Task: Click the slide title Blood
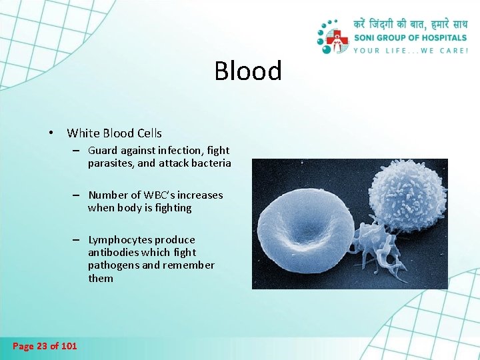(x=248, y=71)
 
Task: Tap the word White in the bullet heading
(x=82, y=133)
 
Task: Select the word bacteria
(x=211, y=163)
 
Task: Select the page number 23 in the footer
(x=43, y=345)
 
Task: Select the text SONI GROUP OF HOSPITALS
(x=411, y=38)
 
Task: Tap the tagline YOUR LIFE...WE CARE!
(x=411, y=50)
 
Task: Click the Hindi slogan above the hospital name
(x=411, y=25)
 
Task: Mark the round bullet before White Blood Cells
(x=51, y=133)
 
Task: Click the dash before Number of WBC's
(x=77, y=195)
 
